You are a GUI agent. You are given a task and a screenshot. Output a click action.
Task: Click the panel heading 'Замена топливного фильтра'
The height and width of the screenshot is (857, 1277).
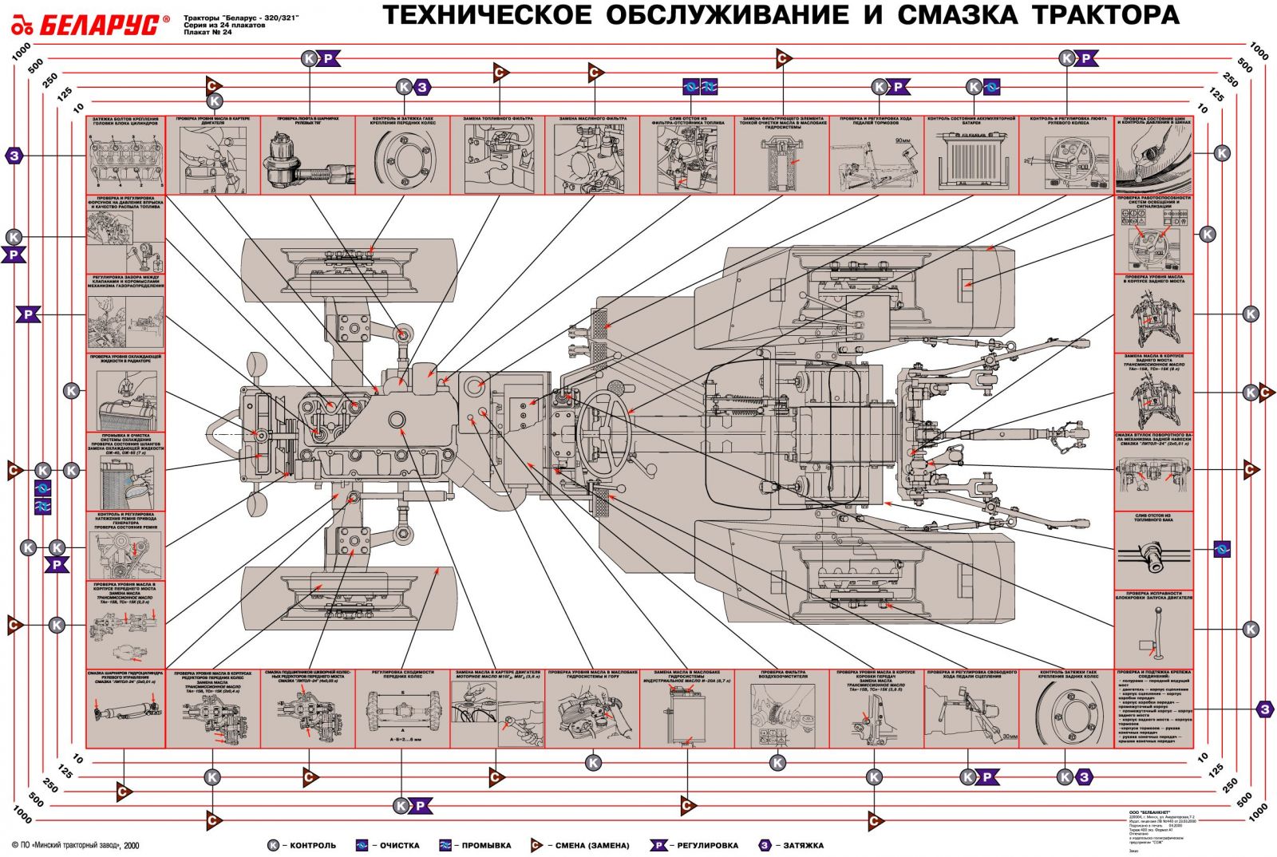[x=498, y=119]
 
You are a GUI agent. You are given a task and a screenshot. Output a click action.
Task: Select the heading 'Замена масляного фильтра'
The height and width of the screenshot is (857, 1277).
[x=592, y=119]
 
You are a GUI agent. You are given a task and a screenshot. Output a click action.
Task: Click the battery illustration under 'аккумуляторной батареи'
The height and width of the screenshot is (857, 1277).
[x=971, y=160]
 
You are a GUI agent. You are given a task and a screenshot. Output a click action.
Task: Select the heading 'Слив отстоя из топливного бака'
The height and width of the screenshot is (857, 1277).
[x=1153, y=518]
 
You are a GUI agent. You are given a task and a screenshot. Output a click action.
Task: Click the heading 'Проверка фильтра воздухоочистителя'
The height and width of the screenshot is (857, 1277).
[x=781, y=674]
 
